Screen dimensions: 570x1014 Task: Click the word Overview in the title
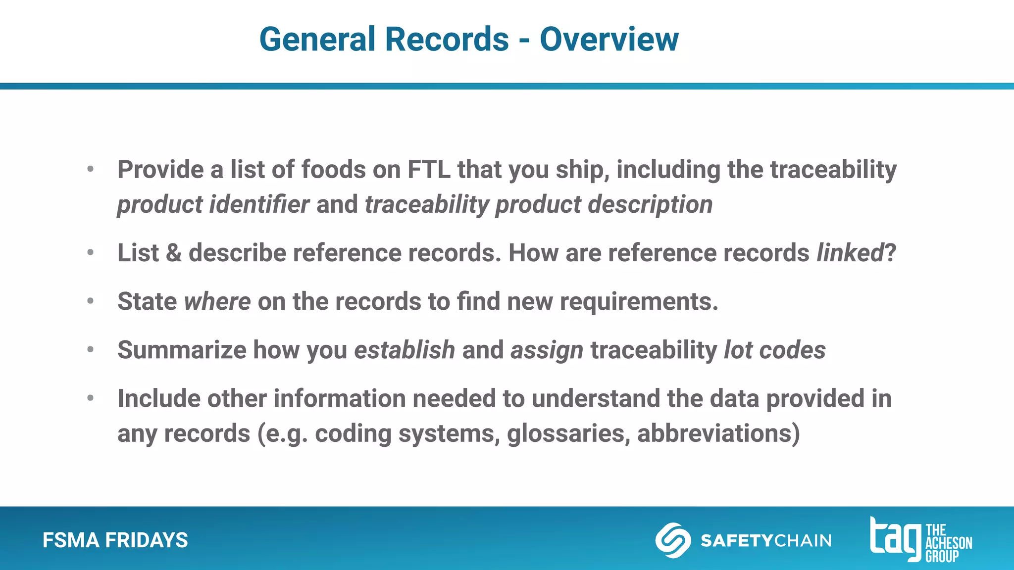(x=609, y=39)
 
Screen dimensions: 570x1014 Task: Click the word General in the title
(x=317, y=39)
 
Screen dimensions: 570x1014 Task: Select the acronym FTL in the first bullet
(x=429, y=170)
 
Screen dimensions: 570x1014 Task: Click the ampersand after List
(x=173, y=253)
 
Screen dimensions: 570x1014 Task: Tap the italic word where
(x=217, y=301)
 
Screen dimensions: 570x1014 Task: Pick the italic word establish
(x=405, y=350)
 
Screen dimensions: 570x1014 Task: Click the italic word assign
(x=547, y=350)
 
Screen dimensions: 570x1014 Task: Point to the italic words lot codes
(x=774, y=350)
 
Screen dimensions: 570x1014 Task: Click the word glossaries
(x=568, y=433)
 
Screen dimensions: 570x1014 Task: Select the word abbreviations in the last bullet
(x=718, y=433)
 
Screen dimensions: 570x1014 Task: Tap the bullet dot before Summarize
(x=90, y=350)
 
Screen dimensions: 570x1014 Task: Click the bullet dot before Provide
(x=90, y=170)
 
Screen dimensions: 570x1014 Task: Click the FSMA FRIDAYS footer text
(x=115, y=540)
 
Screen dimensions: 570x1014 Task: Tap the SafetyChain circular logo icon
(x=673, y=540)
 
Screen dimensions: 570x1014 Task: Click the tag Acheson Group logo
(x=920, y=540)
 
